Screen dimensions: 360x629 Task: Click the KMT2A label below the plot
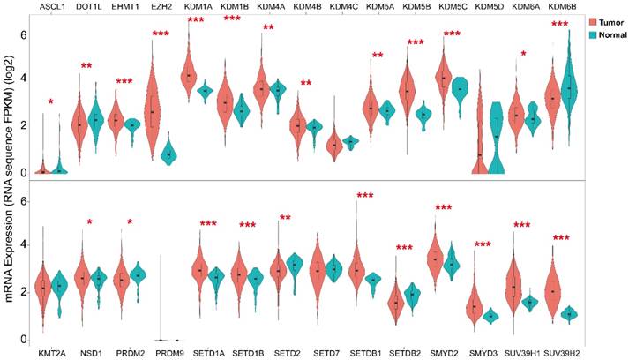coord(52,352)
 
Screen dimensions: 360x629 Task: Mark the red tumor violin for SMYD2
coord(434,259)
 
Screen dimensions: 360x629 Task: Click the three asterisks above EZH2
coord(161,34)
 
